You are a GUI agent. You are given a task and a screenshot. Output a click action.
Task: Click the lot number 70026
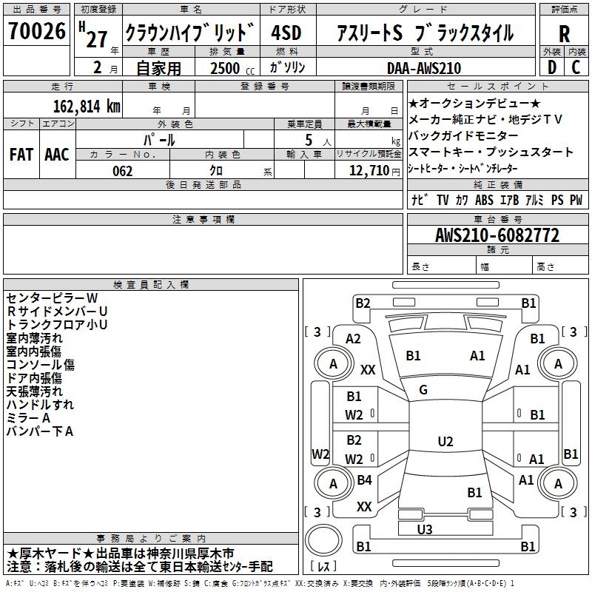(37, 31)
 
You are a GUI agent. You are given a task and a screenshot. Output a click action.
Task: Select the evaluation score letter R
(564, 34)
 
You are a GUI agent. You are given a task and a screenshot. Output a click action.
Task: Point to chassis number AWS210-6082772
(497, 236)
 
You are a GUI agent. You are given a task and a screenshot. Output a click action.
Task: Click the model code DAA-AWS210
(424, 68)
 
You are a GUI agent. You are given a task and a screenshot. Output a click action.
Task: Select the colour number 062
(123, 171)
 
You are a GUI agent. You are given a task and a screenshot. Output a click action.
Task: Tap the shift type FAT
(21, 155)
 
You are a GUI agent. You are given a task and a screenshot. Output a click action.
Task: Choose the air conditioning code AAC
(57, 155)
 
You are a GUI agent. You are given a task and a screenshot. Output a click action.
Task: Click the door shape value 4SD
(287, 34)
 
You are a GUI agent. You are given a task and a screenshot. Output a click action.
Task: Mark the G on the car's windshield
(423, 389)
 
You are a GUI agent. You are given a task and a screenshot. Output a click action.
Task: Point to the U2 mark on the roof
(445, 442)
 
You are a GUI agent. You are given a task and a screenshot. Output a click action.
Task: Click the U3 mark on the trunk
(425, 529)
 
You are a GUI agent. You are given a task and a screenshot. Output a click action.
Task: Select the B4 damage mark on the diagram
(364, 480)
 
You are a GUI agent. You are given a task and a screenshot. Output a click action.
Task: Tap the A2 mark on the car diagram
(354, 338)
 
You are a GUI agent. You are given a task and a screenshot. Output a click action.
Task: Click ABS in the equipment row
(484, 200)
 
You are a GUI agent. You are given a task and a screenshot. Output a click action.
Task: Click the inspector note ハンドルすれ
(40, 404)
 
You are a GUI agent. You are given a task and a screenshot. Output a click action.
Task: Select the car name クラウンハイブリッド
(190, 34)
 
